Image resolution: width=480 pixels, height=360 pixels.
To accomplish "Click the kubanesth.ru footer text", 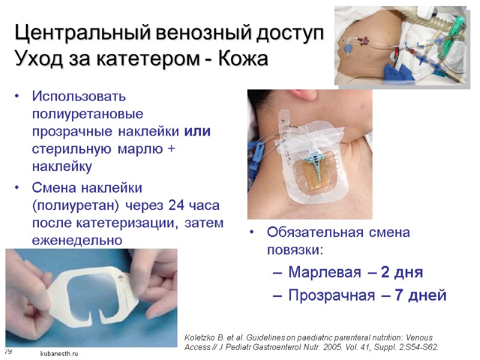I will tap(59, 354).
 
